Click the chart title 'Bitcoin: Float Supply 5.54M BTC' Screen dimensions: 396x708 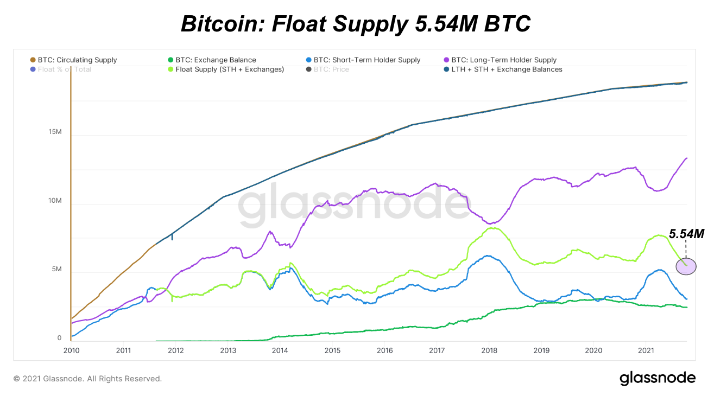pos(355,24)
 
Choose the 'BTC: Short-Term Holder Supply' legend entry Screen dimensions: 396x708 pos(367,60)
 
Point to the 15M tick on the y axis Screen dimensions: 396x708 pos(55,132)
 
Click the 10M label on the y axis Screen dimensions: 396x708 pos(55,201)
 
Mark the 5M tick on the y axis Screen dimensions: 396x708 pos(56,270)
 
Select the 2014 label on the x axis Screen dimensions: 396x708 pos(280,350)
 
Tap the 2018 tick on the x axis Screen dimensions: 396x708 pos(489,350)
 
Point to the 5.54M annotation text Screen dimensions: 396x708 pos(686,234)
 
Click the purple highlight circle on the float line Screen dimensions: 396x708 pos(686,266)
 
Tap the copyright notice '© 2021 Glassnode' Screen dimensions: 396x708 pos(87,379)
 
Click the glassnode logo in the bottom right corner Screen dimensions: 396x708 pos(658,378)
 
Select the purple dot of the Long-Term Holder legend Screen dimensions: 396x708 pos(447,60)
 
